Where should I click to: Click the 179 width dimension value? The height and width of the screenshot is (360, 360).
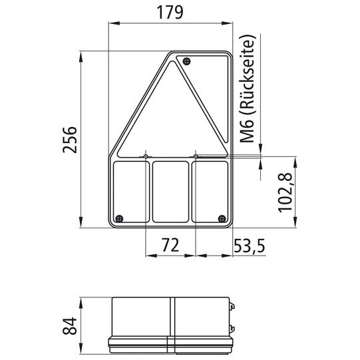pyautogui.click(x=170, y=13)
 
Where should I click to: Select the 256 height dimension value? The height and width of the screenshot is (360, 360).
pyautogui.click(x=70, y=140)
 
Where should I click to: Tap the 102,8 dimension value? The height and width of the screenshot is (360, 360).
pyautogui.click(x=285, y=192)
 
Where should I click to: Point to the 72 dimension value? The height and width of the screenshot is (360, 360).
pyautogui.click(x=170, y=245)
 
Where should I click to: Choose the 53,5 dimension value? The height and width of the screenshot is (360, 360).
pyautogui.click(x=250, y=246)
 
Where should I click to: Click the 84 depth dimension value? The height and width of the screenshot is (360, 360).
pyautogui.click(x=70, y=325)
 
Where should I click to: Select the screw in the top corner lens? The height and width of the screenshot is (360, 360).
pyautogui.click(x=187, y=61)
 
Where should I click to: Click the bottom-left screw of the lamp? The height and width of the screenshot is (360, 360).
pyautogui.click(x=119, y=218)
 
